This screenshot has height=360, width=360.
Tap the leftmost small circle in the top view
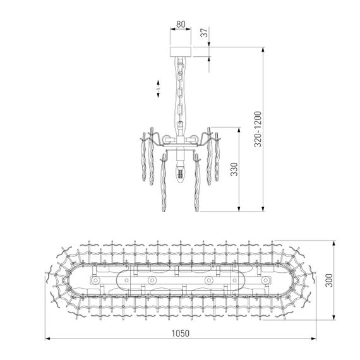pyautogui.click(x=95, y=279)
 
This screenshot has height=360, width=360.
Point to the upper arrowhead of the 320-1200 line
pyautogui.click(x=262, y=47)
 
